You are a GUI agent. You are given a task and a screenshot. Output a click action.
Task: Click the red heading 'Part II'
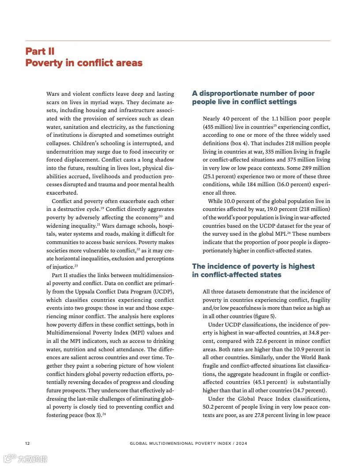(40, 51)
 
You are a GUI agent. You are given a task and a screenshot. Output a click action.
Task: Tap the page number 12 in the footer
(27, 443)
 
